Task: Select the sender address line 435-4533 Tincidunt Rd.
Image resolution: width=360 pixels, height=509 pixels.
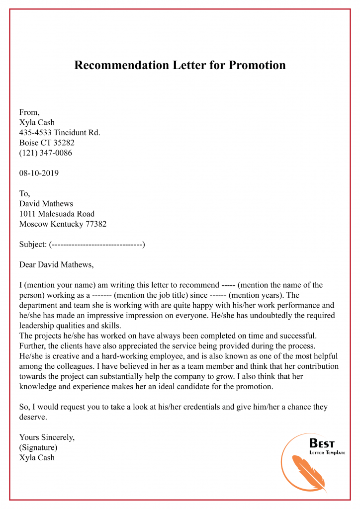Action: (60, 132)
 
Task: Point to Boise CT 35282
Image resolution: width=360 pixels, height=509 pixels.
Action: (47, 143)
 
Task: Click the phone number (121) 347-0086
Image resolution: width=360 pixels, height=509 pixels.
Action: (45, 153)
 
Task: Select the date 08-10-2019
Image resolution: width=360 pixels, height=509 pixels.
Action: (39, 173)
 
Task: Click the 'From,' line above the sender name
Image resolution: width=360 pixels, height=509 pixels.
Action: (29, 112)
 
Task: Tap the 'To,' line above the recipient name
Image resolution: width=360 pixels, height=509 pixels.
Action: (25, 193)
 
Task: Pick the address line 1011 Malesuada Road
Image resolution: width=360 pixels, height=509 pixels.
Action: (57, 214)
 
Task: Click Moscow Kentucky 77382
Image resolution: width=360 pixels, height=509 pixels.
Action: (63, 224)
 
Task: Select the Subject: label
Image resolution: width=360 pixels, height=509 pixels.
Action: (33, 245)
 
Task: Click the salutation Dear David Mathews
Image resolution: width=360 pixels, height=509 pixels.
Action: (56, 264)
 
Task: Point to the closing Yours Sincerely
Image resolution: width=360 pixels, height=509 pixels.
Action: (47, 437)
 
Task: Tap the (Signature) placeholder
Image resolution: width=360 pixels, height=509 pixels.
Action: (38, 447)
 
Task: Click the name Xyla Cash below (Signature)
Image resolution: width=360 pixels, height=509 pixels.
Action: (37, 458)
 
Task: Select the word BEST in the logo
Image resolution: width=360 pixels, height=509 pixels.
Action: (322, 443)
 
